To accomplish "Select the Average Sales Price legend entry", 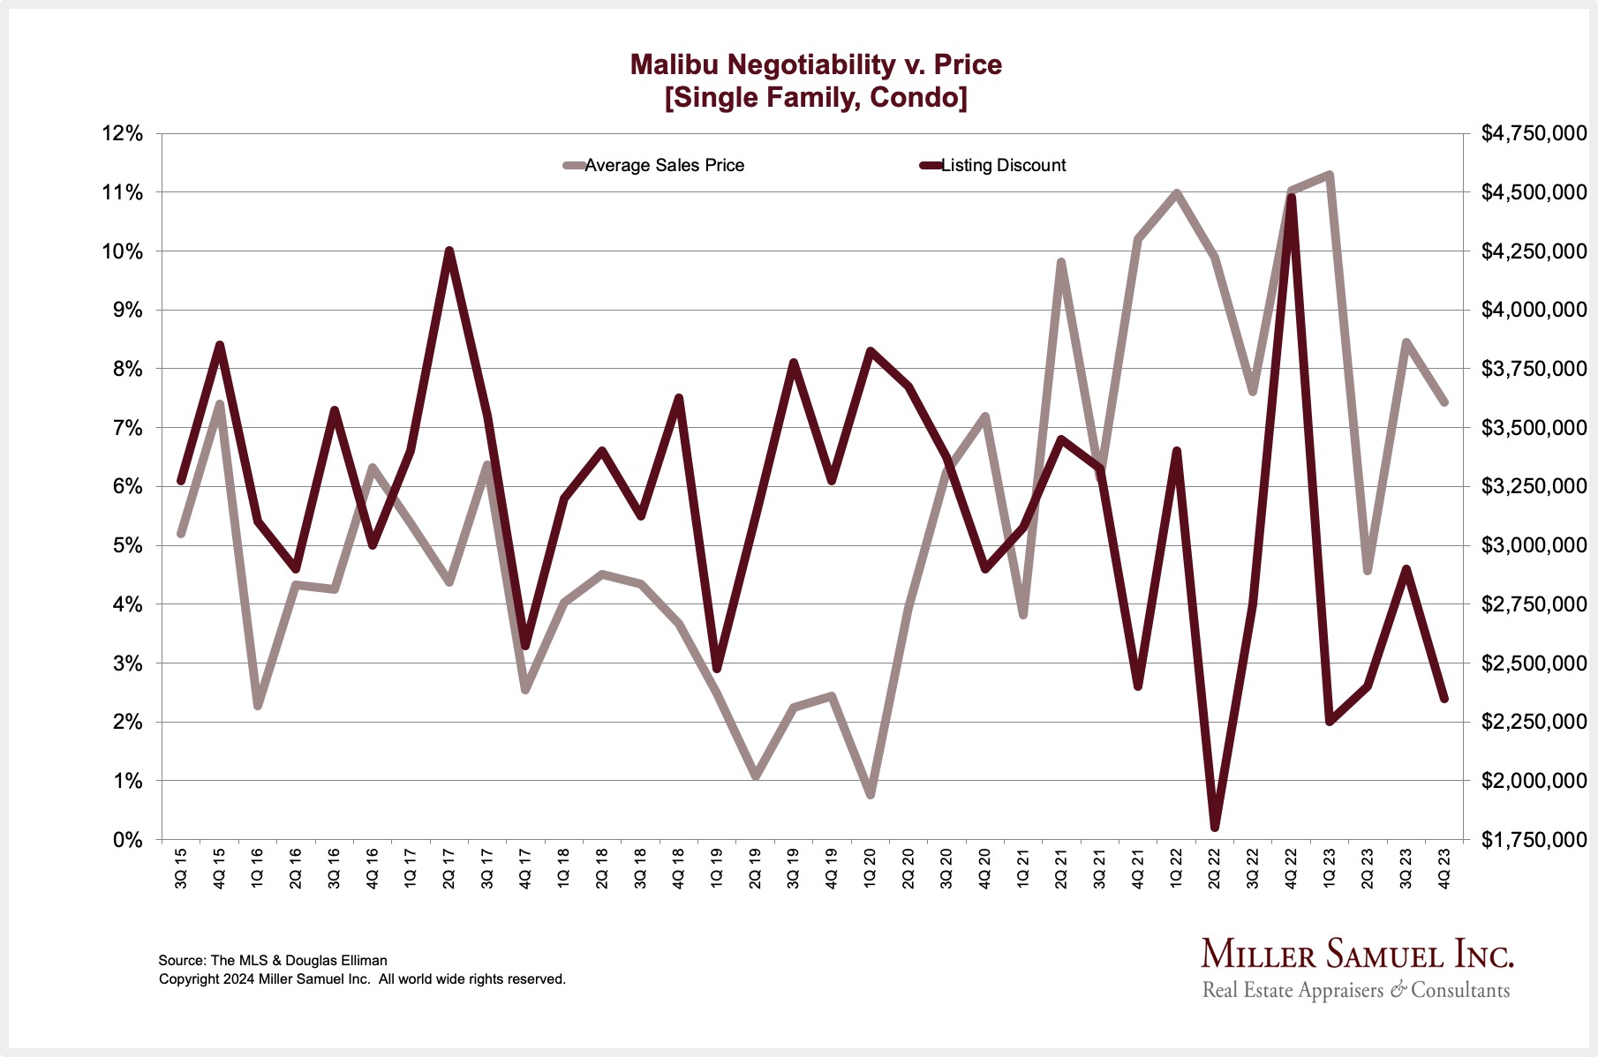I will pyautogui.click(x=664, y=166).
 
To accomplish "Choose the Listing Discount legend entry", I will pyautogui.click(x=1003, y=166).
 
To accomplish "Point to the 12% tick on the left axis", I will pyautogui.click(x=122, y=134).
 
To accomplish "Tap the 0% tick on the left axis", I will pyautogui.click(x=127, y=840).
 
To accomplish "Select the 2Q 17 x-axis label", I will pyautogui.click(x=449, y=869).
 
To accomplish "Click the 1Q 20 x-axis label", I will pyautogui.click(x=871, y=869).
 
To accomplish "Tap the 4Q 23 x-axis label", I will pyautogui.click(x=1444, y=869).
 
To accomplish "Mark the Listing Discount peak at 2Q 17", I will pyautogui.click(x=449, y=251).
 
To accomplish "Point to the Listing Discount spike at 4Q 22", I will pyautogui.click(x=1292, y=198).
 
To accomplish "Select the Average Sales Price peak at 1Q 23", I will pyautogui.click(x=1330, y=176).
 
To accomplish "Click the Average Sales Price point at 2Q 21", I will pyautogui.click(x=1061, y=263).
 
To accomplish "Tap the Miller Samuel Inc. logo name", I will pyautogui.click(x=1357, y=955).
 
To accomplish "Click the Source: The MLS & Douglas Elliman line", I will pyautogui.click(x=273, y=960).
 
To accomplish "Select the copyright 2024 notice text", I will pyautogui.click(x=362, y=979).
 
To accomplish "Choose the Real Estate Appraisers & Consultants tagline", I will pyautogui.click(x=1356, y=990).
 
